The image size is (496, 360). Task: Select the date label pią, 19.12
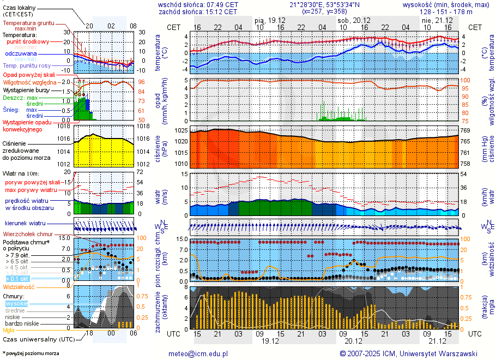pos(270,19)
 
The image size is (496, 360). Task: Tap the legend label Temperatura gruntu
pos(28,23)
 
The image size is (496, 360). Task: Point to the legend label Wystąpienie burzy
pos(26,89)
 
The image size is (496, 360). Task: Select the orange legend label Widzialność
pos(19,286)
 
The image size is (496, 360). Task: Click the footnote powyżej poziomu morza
pos(31,353)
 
